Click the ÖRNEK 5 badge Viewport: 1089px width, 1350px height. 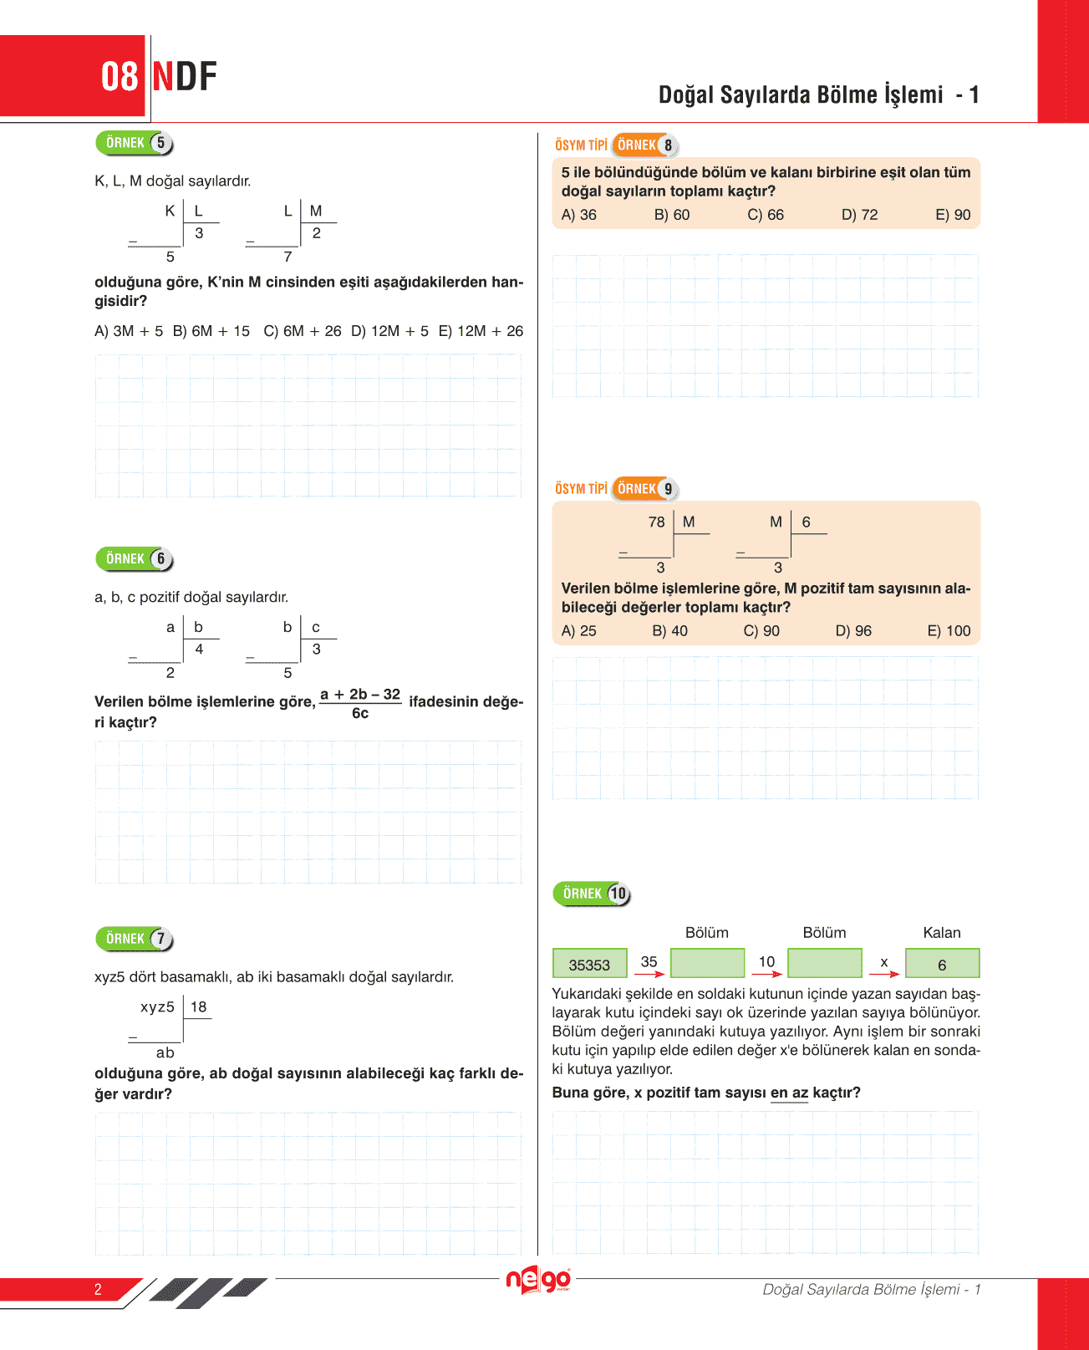pyautogui.click(x=135, y=143)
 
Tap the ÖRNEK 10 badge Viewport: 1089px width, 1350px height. pyautogui.click(x=592, y=894)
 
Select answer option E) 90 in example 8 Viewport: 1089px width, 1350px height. pyautogui.click(x=953, y=215)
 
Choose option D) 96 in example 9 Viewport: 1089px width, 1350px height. pyautogui.click(x=853, y=631)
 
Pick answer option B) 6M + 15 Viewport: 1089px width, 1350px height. pyautogui.click(x=211, y=331)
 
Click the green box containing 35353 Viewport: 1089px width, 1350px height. pyautogui.click(x=589, y=964)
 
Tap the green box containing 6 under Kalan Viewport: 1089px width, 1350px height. pyautogui.click(x=942, y=964)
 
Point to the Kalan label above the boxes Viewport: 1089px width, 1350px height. pyautogui.click(x=942, y=933)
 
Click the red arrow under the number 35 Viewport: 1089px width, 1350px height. pyautogui.click(x=649, y=974)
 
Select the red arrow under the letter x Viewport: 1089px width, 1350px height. pyautogui.click(x=884, y=974)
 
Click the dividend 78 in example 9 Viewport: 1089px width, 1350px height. pyautogui.click(x=656, y=522)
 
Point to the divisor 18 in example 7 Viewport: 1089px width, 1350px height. pyautogui.click(x=198, y=1006)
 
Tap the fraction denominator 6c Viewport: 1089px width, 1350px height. pyautogui.click(x=360, y=714)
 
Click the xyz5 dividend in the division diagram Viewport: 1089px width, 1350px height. pyautogui.click(x=157, y=1006)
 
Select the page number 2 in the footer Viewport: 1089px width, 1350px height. pyautogui.click(x=98, y=1289)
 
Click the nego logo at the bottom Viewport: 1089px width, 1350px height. pyautogui.click(x=538, y=1280)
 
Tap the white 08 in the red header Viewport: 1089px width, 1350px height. pyautogui.click(x=120, y=77)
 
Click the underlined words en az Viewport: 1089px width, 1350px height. pyautogui.click(x=789, y=1093)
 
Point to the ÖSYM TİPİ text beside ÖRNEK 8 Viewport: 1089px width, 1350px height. pyautogui.click(x=581, y=145)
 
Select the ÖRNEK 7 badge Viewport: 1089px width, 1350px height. pyautogui.click(x=135, y=939)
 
